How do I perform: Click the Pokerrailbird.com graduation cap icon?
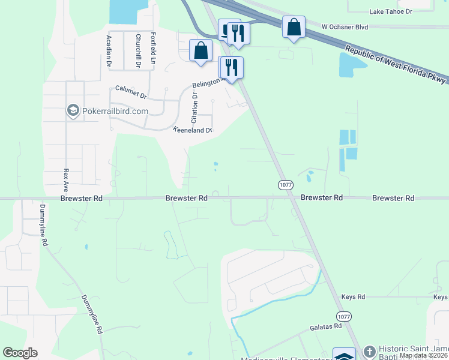tap(73, 111)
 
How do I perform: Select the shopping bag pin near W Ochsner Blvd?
tap(294, 28)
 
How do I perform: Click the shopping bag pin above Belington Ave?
tap(200, 51)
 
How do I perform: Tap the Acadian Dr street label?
tap(109, 50)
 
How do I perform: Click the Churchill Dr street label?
tap(137, 50)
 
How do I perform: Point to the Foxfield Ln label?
tap(154, 49)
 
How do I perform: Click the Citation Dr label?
tap(194, 104)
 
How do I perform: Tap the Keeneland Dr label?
tap(193, 130)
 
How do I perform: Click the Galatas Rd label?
tap(325, 326)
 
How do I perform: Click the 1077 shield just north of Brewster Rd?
tap(286, 185)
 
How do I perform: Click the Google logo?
tap(20, 353)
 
